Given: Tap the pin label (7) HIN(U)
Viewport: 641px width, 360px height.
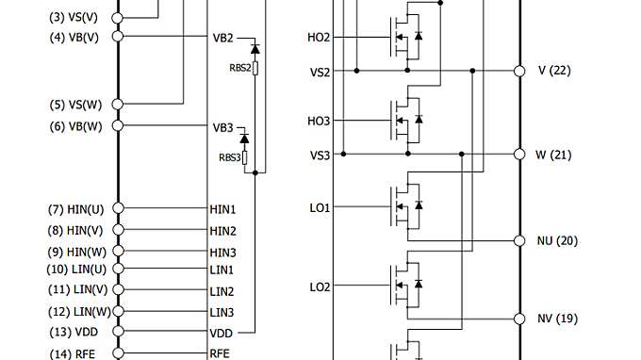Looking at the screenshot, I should point(75,208).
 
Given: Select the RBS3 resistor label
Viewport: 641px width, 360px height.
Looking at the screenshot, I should point(230,157).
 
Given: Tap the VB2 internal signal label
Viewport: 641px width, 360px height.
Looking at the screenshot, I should point(222,38).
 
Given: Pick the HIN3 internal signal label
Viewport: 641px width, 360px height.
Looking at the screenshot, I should point(222,251).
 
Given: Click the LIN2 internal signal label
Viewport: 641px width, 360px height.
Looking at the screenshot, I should point(222,291).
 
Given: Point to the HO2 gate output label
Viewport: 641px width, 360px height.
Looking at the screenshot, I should point(319,38).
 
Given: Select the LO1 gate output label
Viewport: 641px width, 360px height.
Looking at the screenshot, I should point(319,207).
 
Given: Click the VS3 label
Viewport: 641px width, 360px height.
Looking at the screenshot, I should point(320,155).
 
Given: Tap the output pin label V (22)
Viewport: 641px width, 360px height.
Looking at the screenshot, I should point(554,71).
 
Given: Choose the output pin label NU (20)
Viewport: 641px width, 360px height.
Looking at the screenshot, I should point(557,240).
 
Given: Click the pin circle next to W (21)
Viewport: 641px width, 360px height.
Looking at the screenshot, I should point(518,154).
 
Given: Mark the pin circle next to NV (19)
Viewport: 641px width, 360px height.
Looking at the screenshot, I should point(518,318).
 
